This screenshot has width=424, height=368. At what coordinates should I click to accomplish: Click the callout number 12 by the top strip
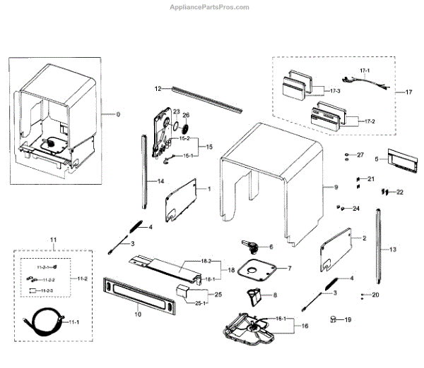pos(159,88)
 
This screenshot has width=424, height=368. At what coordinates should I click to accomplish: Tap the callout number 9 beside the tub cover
pos(336,187)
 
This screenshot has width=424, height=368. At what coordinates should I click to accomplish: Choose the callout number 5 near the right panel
pos(377,159)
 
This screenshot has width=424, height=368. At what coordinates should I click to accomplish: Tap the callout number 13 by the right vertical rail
pos(394,250)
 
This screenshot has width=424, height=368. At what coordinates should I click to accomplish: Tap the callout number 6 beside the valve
pos(270,247)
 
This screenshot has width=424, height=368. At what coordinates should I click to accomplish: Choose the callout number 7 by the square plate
pos(288,269)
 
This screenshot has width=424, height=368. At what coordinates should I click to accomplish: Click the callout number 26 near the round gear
pos(187,115)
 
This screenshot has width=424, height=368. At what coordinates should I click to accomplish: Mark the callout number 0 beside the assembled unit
pos(118,114)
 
